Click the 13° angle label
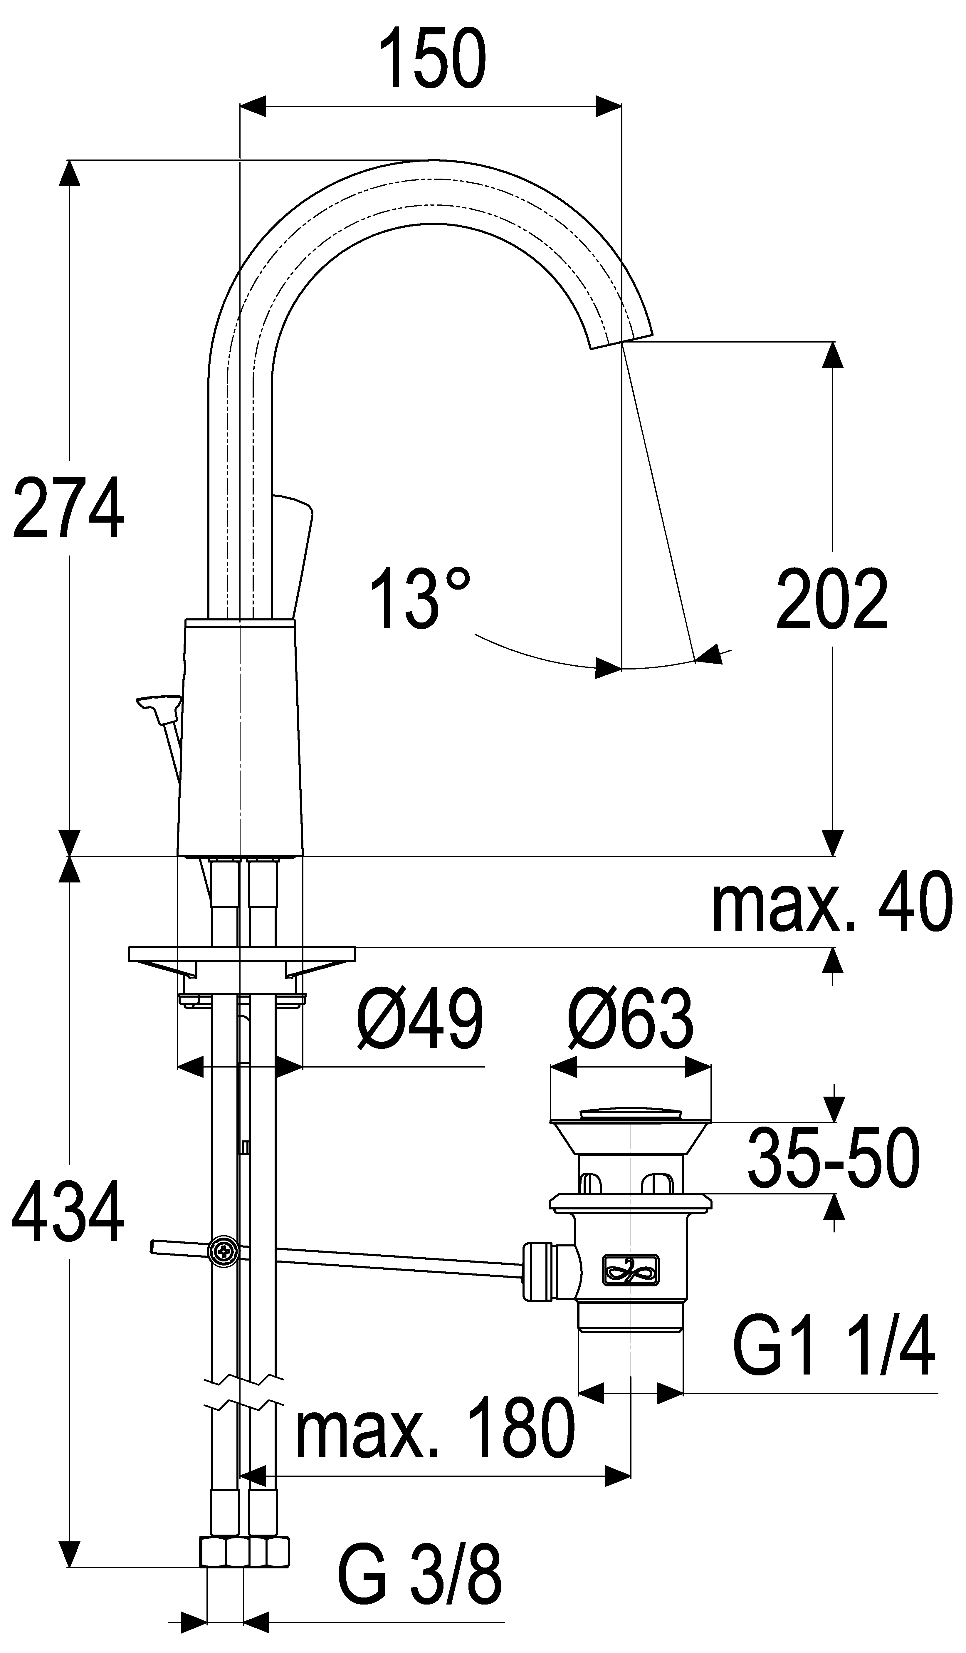point(420,599)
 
